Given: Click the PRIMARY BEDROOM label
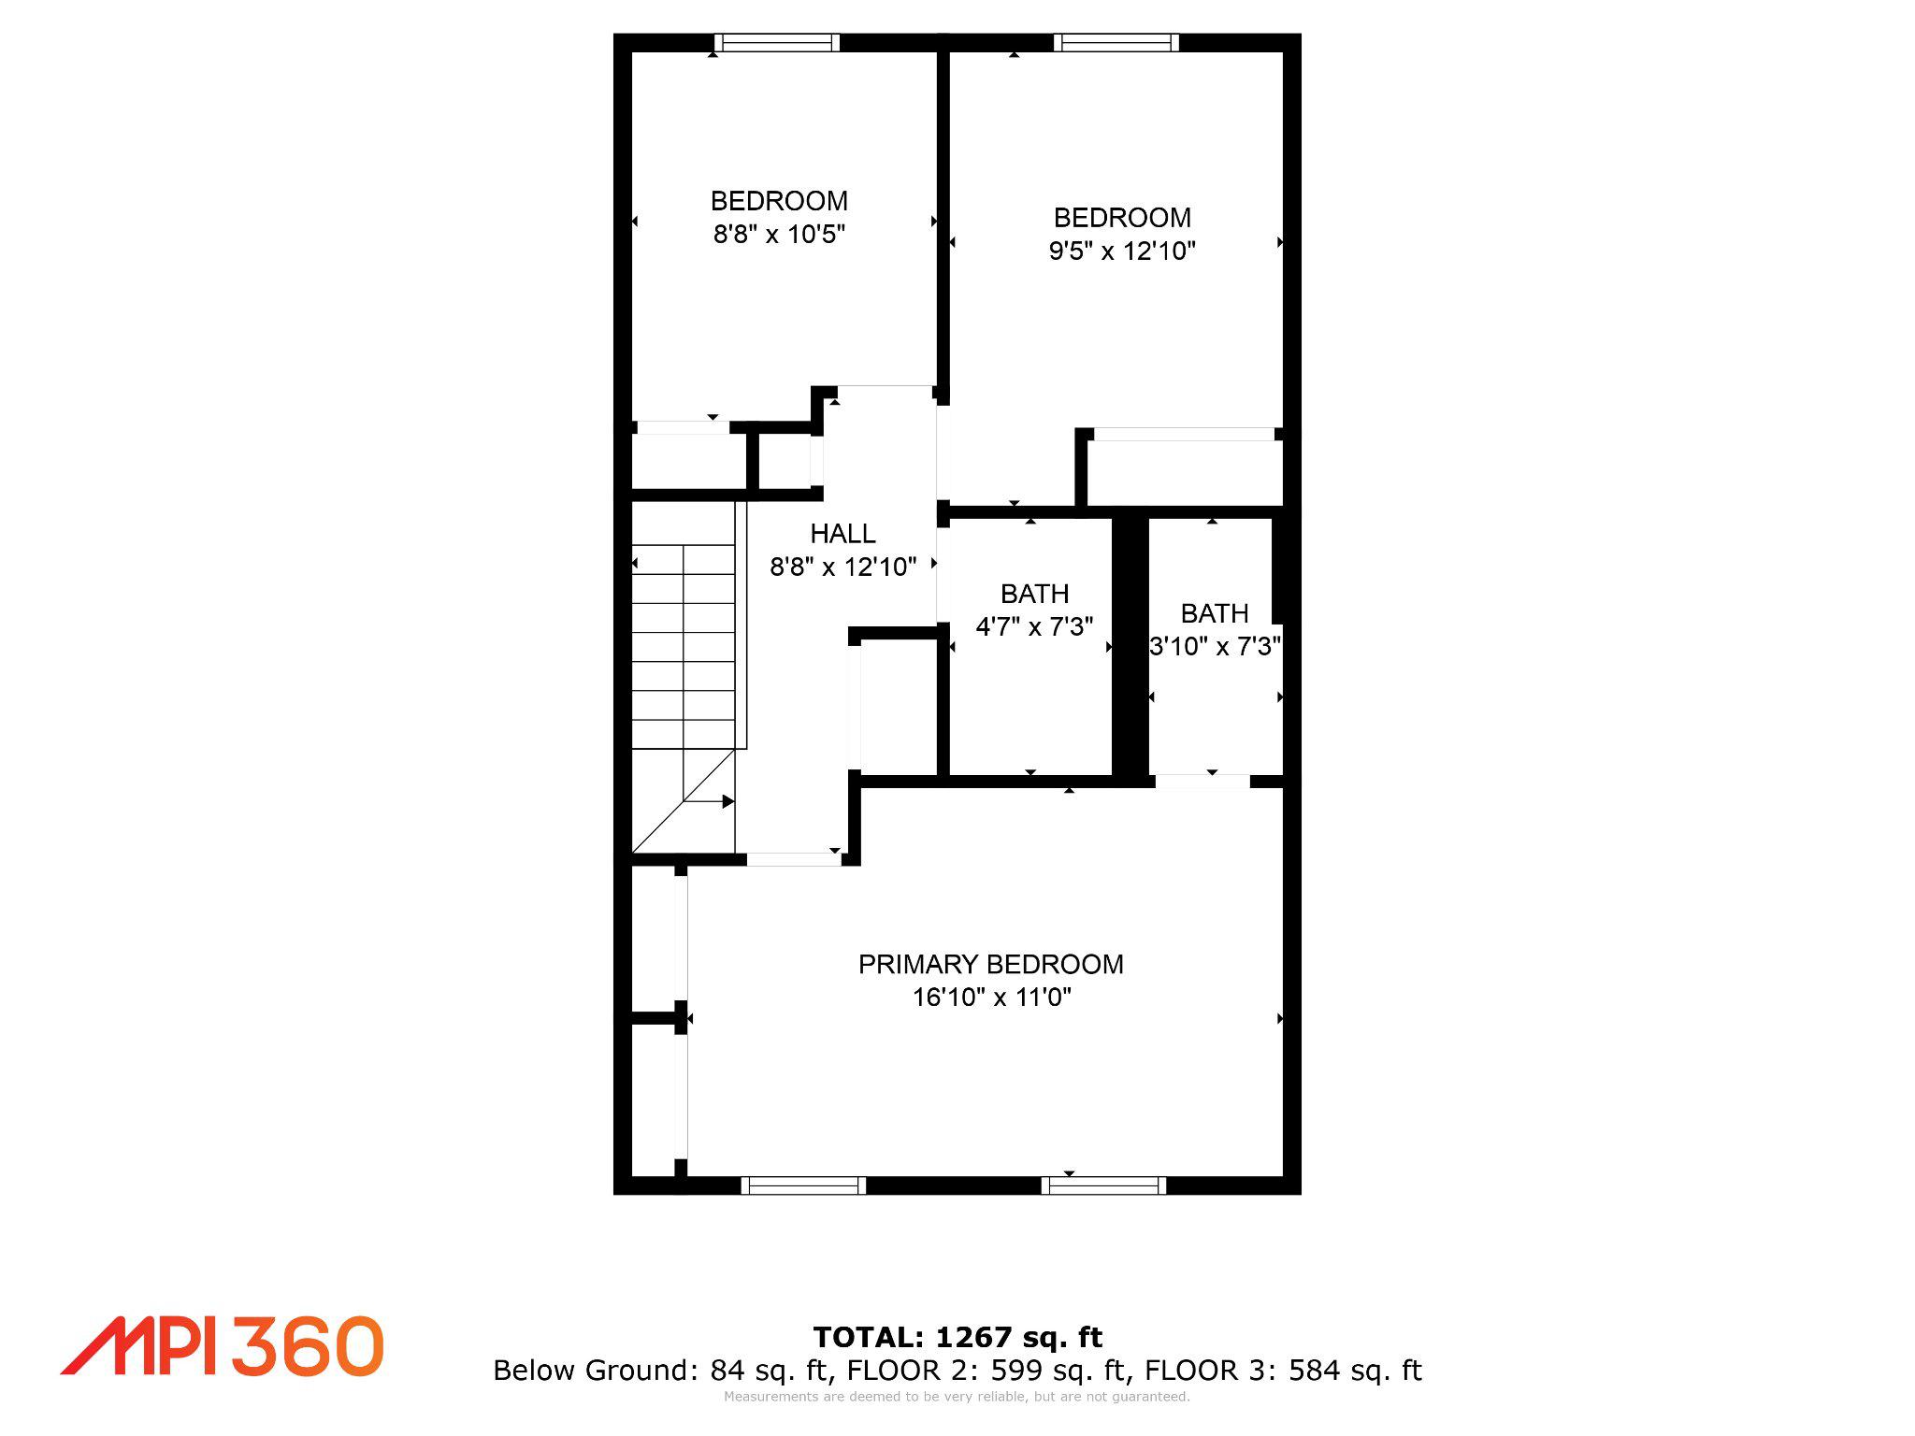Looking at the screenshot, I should click(x=990, y=964).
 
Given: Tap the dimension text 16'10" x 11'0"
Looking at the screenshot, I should click(x=991, y=998).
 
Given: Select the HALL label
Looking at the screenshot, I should click(x=842, y=534).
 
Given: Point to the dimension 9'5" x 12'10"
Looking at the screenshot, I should click(x=1121, y=251).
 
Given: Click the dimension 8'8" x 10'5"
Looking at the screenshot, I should click(x=779, y=235).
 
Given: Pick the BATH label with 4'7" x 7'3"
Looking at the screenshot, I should click(x=1034, y=594).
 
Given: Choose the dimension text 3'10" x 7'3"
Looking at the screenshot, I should click(x=1214, y=647).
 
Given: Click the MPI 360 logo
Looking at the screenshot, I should click(x=223, y=1346).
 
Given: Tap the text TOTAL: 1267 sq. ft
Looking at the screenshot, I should click(x=957, y=1337).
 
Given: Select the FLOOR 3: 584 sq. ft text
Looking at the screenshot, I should click(x=1283, y=1371).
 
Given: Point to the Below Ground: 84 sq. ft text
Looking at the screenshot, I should click(x=661, y=1371).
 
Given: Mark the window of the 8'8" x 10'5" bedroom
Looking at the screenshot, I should click(x=777, y=42).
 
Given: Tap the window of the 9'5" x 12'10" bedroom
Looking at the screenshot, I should click(x=1116, y=42).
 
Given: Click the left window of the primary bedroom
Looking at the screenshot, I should click(x=803, y=1185).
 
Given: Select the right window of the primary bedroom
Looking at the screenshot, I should click(x=1103, y=1185).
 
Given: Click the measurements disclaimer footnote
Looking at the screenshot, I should click(x=957, y=1397).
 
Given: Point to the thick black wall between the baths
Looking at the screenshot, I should click(x=1130, y=645).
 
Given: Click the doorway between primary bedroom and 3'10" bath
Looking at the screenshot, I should click(x=1202, y=781).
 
